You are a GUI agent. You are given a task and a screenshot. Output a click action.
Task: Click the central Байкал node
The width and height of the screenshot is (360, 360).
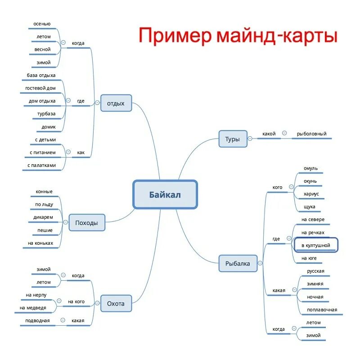[x=165, y=194]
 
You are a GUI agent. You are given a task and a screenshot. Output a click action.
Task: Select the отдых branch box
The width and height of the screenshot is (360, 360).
[x=116, y=103]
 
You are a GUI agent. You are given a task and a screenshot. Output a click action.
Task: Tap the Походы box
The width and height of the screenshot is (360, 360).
[x=87, y=223]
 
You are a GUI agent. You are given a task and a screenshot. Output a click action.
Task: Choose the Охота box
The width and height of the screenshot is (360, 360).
[x=116, y=304]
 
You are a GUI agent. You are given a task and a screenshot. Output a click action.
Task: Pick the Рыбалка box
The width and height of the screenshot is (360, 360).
[x=238, y=263]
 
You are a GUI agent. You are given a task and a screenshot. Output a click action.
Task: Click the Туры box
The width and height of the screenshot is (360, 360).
[x=232, y=139]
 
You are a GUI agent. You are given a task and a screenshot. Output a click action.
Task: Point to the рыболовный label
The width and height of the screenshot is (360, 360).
[x=311, y=134]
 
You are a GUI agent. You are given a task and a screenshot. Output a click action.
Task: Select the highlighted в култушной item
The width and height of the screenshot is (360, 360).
[x=315, y=245]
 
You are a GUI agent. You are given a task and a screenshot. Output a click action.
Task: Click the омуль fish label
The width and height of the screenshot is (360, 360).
[x=310, y=168]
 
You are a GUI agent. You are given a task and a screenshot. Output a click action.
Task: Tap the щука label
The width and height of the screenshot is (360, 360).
[x=309, y=207]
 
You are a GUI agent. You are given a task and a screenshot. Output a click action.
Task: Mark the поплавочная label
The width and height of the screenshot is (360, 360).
[x=322, y=310]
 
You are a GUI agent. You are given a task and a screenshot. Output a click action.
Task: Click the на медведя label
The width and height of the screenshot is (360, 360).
[x=34, y=308]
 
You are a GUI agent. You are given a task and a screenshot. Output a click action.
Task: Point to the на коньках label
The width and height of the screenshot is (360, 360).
[x=40, y=243]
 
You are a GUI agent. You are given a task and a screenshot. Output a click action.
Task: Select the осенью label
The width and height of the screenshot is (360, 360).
[x=42, y=23]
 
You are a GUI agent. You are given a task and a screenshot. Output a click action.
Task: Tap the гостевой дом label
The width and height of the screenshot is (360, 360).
[x=40, y=88]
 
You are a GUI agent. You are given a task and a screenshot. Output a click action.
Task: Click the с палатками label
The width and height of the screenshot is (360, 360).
[x=41, y=165]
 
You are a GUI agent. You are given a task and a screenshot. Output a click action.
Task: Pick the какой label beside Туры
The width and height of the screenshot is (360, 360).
[x=269, y=134]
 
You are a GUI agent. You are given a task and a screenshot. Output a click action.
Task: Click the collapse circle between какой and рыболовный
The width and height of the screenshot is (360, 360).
[x=284, y=133]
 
